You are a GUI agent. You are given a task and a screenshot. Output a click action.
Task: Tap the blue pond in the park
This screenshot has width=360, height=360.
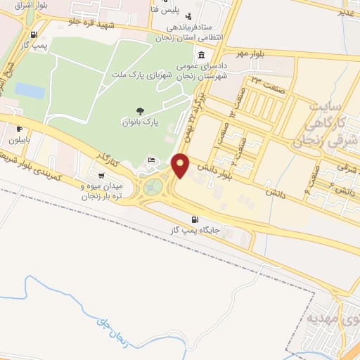(30, 91)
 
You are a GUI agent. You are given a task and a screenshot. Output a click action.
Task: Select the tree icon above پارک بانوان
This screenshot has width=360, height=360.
(139, 110)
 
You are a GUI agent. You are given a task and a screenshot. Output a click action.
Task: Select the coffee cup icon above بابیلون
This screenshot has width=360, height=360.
(19, 129)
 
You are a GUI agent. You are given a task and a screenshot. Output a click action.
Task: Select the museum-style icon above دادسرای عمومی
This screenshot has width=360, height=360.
(202, 56)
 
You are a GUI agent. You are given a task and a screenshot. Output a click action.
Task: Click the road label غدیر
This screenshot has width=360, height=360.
(345, 13)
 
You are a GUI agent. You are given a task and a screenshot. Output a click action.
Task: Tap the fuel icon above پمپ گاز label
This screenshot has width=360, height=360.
(32, 34)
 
